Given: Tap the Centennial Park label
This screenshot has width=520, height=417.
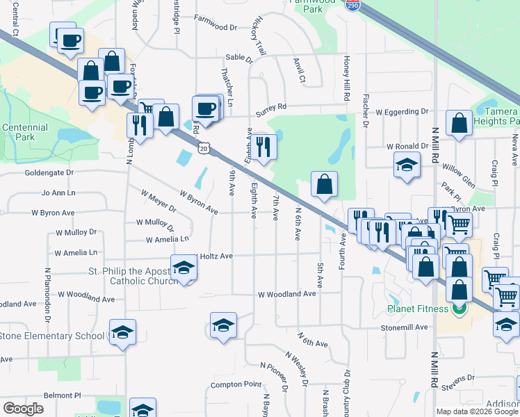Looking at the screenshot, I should click(24, 132).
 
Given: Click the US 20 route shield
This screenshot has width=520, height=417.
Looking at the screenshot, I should click(202, 147).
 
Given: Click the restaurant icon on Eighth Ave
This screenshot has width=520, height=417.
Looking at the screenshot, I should click(263, 146).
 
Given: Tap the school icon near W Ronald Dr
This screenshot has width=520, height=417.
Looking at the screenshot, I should click(407, 165).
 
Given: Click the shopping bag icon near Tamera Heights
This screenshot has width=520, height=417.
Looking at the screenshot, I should click(459, 124).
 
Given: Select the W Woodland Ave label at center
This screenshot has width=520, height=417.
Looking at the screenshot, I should click(286, 294).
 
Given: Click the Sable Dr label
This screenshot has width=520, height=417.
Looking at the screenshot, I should click(239, 60).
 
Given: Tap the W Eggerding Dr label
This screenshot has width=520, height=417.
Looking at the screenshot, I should click(402, 111).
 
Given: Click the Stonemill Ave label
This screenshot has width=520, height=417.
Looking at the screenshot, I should click(403, 327).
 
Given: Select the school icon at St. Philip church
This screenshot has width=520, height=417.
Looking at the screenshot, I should click(184, 268).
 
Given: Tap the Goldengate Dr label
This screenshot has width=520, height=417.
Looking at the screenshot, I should click(49, 172).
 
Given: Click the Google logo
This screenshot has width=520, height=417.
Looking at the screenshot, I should click(24, 409).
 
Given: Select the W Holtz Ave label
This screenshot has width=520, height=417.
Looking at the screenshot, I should click(212, 256).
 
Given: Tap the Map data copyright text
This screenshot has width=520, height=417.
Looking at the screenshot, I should click(477, 411).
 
